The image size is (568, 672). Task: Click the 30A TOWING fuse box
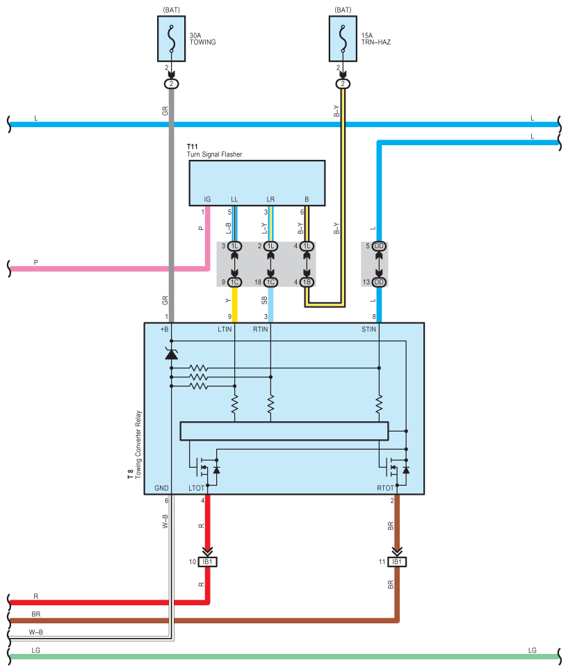point(172,39)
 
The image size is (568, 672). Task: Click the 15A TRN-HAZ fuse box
point(343,39)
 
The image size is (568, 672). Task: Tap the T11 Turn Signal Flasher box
point(257,183)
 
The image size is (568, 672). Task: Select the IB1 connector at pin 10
point(207,562)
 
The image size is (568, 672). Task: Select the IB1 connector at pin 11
point(397,562)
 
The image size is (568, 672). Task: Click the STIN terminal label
point(368,329)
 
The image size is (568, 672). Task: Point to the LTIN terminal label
point(225,329)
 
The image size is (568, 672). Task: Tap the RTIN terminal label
point(260,329)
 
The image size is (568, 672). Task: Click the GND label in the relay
point(161,488)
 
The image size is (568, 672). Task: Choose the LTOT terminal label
point(196,488)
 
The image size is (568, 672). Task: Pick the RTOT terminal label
point(385,488)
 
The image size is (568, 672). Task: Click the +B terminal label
point(164,329)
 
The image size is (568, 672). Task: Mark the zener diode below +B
point(172,354)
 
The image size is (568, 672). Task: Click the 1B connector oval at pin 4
point(307,282)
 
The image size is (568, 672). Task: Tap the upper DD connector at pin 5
point(379,246)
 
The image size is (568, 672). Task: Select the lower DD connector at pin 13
point(379,282)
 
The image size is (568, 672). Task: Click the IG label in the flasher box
point(207,199)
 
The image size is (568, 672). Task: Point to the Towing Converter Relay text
point(138,445)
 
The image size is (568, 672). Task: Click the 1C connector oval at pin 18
point(270,282)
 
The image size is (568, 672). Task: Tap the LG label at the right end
point(533,650)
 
